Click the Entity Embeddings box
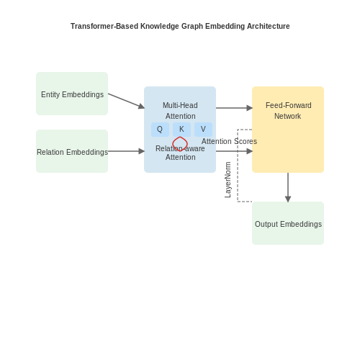pos(72,94)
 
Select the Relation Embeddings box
pos(72,151)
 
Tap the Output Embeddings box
pos(288,223)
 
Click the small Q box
pos(160,130)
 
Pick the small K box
pos(181,130)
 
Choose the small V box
pos(203,130)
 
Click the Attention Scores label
pos(229,141)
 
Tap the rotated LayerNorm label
pos(228,180)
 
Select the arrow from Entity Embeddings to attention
pos(126,101)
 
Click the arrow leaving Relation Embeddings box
pos(126,151)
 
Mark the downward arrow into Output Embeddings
pos(288,187)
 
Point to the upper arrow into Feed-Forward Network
pos(234,108)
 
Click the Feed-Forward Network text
pos(288,111)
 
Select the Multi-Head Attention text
pos(180,111)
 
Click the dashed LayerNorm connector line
pos(238,166)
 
